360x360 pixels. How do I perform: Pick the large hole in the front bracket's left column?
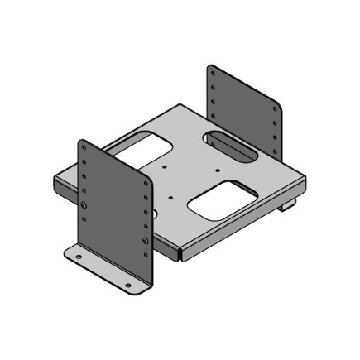pyautogui.click(x=84, y=204)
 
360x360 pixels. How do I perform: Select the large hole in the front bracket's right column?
pyautogui.click(x=146, y=242)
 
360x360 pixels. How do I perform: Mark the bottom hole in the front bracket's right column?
pyautogui.click(x=146, y=256)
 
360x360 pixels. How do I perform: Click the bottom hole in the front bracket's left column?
pyautogui.click(x=84, y=218)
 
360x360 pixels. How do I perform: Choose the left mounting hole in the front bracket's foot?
pyautogui.click(x=79, y=257)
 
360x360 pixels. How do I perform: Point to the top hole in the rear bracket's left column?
pyautogui.click(x=213, y=73)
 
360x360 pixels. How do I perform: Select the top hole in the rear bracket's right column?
pyautogui.click(x=272, y=107)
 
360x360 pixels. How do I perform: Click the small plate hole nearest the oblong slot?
pyautogui.click(x=217, y=169)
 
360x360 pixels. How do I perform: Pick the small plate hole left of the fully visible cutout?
pyautogui.click(x=170, y=197)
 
